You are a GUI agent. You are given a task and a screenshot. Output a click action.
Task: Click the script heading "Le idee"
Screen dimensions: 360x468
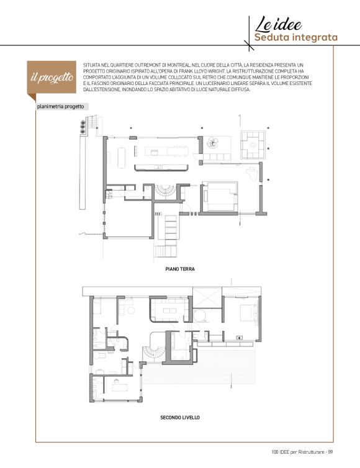[x=278, y=24]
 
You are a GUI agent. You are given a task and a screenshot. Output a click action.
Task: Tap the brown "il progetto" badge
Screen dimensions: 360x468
[x=52, y=78]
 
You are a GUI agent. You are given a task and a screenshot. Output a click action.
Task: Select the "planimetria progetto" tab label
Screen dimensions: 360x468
[x=60, y=107]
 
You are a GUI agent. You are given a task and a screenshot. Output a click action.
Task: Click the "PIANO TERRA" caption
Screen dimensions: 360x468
[x=180, y=269]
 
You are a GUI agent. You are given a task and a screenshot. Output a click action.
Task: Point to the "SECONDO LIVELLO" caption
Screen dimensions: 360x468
[x=180, y=417]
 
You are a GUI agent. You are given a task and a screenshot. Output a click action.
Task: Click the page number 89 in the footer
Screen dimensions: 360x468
[x=330, y=452]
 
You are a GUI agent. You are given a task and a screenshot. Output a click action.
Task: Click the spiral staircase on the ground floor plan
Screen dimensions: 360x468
[x=164, y=191]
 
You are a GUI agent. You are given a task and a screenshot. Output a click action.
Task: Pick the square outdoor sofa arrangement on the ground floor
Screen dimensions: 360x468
[x=253, y=145]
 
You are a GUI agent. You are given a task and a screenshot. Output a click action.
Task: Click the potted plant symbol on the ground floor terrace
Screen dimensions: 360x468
[x=213, y=143]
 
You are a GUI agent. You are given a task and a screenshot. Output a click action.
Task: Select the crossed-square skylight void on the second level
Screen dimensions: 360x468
[x=207, y=297]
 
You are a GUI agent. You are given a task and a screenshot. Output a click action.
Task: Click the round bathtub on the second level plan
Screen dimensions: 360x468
[x=200, y=315]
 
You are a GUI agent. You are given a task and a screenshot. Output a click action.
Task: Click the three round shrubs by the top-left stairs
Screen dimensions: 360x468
[x=83, y=127]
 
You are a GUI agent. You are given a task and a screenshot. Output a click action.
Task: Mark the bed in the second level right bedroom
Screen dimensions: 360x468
[x=249, y=313]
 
